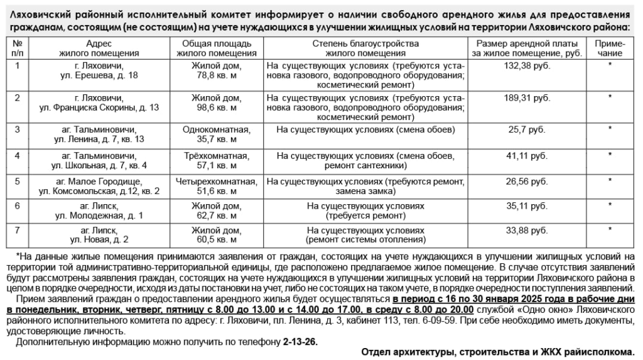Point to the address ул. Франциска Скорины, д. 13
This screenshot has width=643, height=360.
pos(99,107)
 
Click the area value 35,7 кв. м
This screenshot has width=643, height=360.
pos(216,139)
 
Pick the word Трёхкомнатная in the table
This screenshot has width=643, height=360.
pos(216,156)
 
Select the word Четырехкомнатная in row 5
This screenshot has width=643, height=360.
pos(216,182)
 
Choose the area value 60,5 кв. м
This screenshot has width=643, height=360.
pos(216,239)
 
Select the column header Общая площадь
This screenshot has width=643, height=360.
pos(216,43)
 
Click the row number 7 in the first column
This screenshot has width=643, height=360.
pos(18,230)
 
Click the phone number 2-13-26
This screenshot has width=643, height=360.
pos(300,342)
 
